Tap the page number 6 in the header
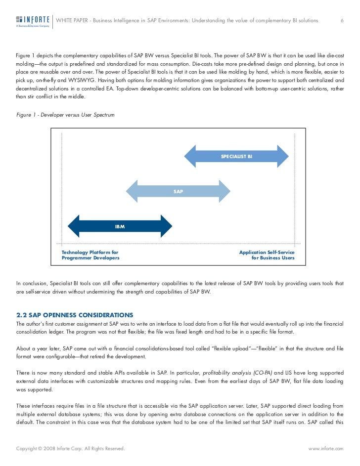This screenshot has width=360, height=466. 342,20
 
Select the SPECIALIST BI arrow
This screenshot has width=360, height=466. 236,156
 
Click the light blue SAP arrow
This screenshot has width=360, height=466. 179,191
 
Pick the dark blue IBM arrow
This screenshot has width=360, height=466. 120,226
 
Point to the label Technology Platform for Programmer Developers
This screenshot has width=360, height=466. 90,255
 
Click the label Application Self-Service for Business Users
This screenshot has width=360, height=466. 267,255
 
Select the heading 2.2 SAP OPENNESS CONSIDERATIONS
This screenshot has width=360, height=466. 75,314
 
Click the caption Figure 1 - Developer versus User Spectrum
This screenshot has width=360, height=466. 65,115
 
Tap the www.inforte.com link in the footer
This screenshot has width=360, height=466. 325,448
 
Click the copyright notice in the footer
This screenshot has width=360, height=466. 70,448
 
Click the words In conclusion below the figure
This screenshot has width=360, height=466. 32,283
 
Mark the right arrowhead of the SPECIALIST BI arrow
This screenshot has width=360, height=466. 283,156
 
